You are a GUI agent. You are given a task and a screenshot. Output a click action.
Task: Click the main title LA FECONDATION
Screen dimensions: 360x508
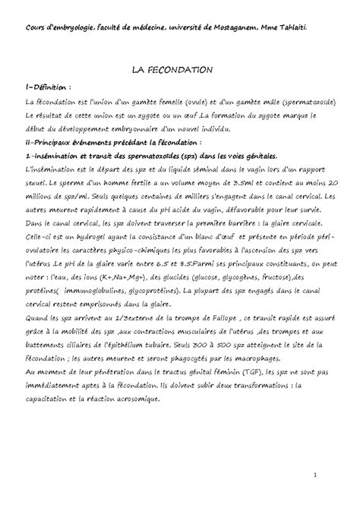[180, 70]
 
